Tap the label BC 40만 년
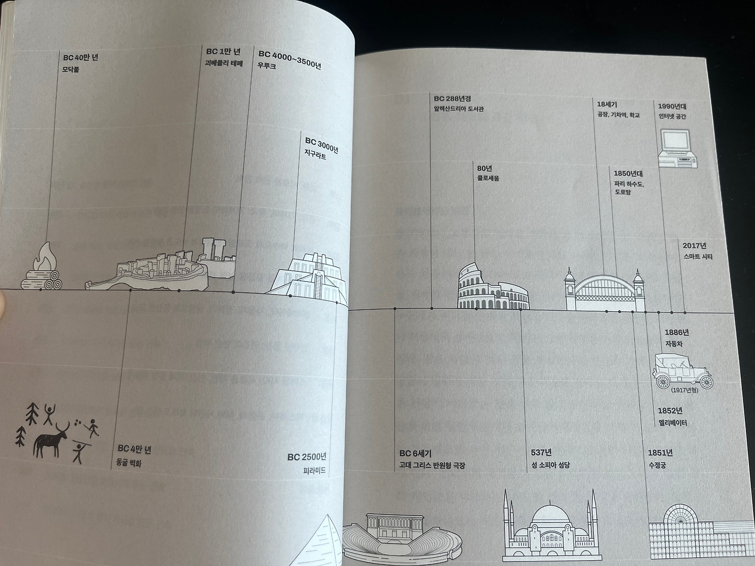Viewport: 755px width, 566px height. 81,57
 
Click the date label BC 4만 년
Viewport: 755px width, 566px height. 134,450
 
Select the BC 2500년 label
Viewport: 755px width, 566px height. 307,457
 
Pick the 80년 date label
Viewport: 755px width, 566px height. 484,168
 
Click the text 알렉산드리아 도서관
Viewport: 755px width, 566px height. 458,109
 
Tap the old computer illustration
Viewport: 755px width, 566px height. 677,149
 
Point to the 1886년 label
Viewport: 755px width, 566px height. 677,333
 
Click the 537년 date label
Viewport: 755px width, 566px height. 541,453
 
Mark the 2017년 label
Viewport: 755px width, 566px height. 694,246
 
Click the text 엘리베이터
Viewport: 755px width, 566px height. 672,423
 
